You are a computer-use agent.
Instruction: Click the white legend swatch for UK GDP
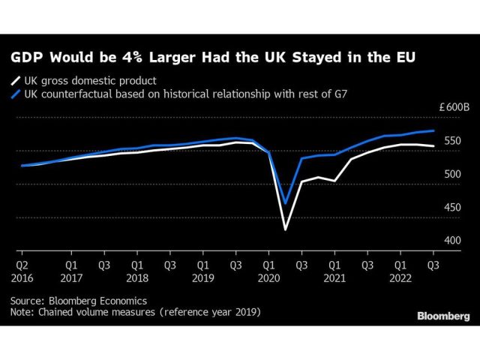(x=14, y=81)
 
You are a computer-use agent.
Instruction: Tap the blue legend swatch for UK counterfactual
(x=14, y=94)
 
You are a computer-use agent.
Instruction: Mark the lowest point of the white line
(x=285, y=229)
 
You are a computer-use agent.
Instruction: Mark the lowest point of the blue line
(x=285, y=202)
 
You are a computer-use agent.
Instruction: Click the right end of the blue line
(x=433, y=130)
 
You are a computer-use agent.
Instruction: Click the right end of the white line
(x=433, y=146)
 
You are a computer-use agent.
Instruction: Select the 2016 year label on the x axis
(x=23, y=276)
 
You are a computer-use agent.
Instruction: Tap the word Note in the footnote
(x=22, y=311)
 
